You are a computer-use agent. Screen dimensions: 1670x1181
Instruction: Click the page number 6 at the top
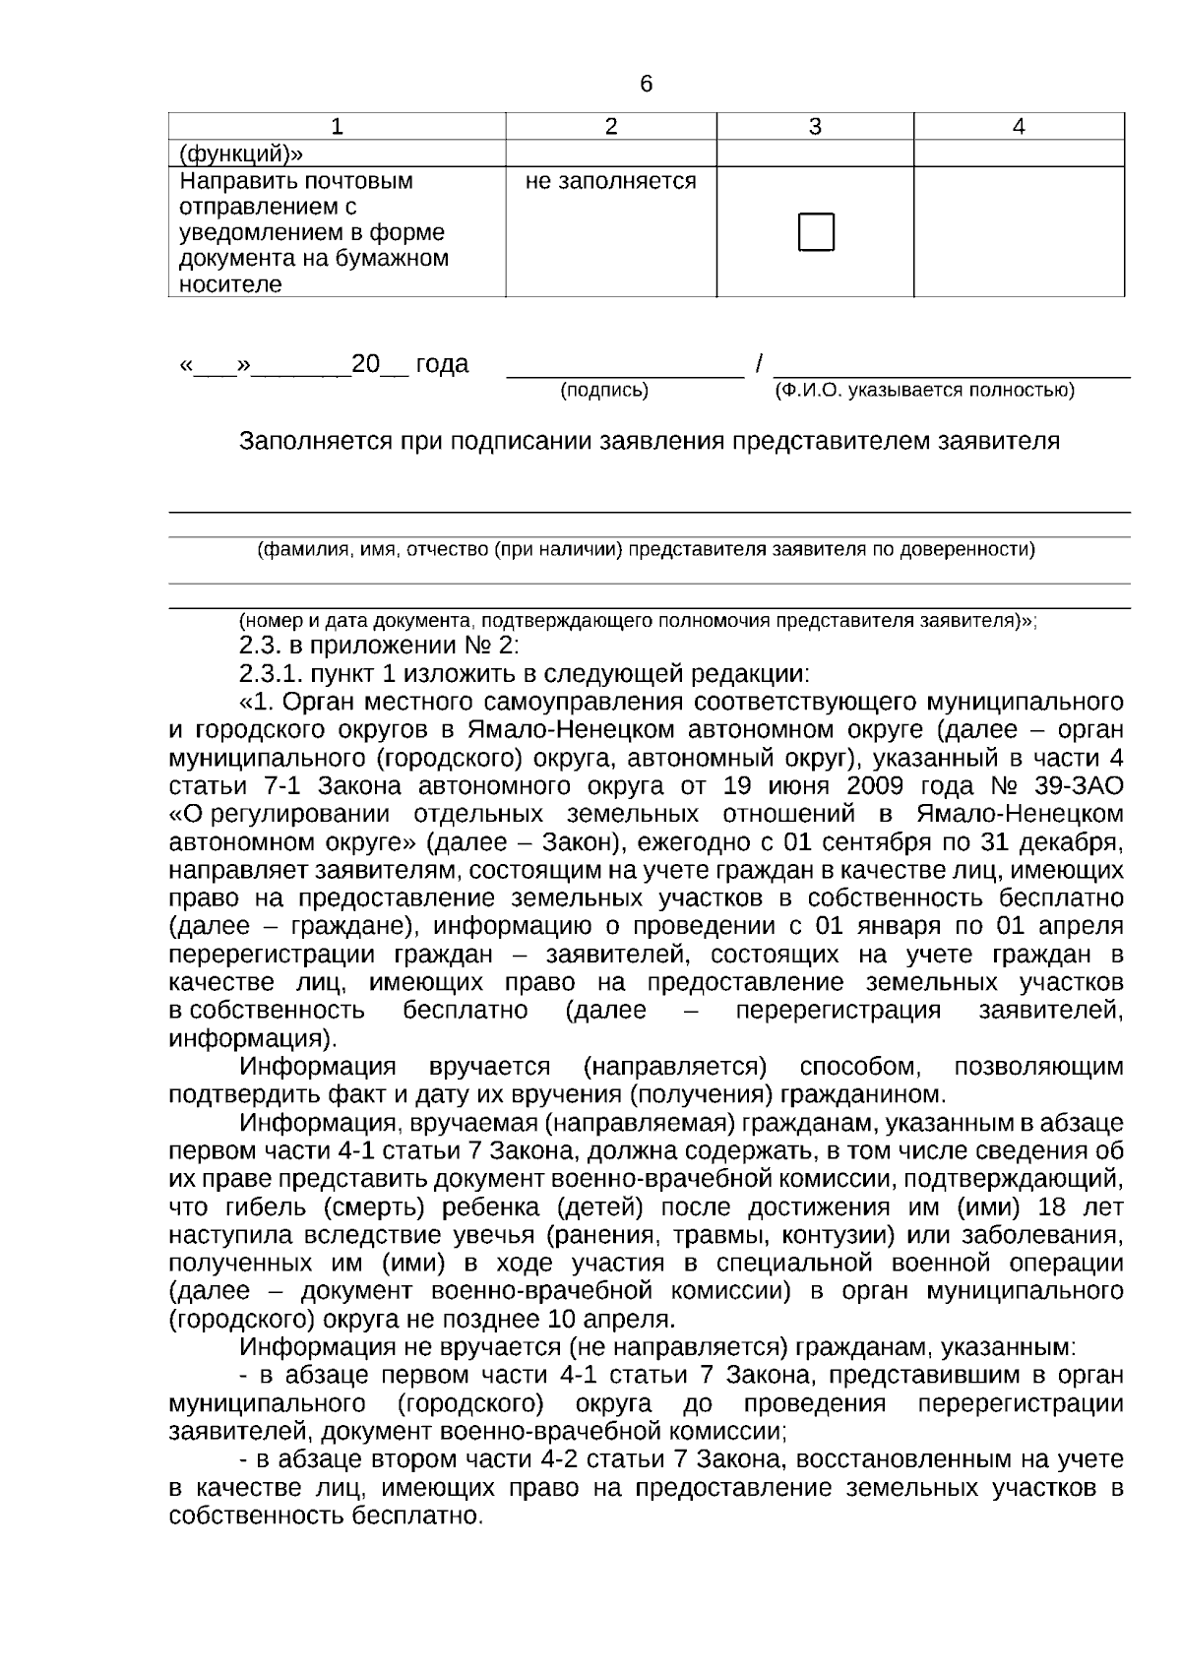click(x=646, y=85)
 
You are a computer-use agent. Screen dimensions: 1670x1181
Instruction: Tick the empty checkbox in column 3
click(x=816, y=232)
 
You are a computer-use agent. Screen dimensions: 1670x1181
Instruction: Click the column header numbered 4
click(x=1019, y=127)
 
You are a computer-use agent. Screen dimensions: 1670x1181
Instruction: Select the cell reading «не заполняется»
click(x=610, y=182)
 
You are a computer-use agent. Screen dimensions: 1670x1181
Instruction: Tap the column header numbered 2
click(x=610, y=127)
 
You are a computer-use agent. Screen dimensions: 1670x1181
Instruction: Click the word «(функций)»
click(x=241, y=154)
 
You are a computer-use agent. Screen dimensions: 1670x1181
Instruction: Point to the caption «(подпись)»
click(x=604, y=391)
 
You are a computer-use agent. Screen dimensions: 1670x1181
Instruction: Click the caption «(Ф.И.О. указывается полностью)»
click(x=924, y=391)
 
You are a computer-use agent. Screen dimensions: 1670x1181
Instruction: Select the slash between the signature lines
click(x=759, y=364)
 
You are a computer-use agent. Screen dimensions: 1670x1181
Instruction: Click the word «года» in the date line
click(x=442, y=364)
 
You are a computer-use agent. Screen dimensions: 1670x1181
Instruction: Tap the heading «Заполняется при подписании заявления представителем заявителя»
click(x=650, y=441)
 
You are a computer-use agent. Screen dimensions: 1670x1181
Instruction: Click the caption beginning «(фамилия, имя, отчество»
click(x=646, y=550)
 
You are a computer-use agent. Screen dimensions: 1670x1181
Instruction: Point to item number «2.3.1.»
click(x=272, y=674)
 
